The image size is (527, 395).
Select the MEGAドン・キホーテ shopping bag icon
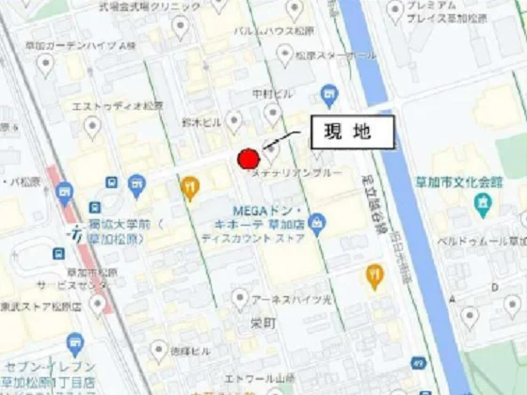[x=317, y=223]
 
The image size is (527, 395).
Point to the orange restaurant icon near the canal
[x=375, y=276]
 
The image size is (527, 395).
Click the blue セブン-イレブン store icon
[x=74, y=344]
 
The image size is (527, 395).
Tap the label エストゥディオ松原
[x=104, y=106]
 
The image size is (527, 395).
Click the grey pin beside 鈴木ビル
[x=233, y=120]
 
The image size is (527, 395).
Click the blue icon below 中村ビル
[x=328, y=93]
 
